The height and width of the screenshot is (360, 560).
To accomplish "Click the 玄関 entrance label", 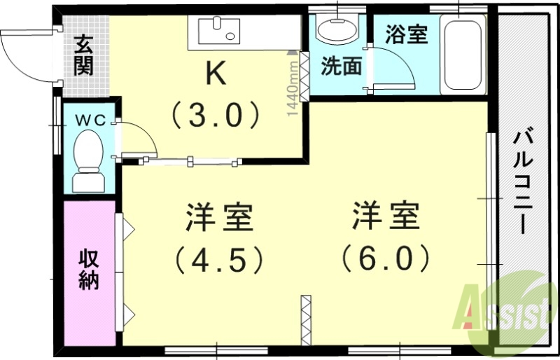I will [x=83, y=56].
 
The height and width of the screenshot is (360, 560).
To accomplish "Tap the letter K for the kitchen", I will [x=216, y=74].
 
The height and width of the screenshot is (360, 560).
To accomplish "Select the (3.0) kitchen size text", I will [x=216, y=114].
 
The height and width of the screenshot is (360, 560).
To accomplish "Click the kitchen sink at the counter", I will [x=218, y=32].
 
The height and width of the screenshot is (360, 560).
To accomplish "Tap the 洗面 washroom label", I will [x=341, y=66].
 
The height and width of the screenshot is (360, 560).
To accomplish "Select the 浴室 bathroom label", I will [x=407, y=34].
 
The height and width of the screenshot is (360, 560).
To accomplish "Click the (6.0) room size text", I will [x=385, y=260].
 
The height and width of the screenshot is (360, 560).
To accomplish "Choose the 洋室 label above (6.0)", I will [x=385, y=218].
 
